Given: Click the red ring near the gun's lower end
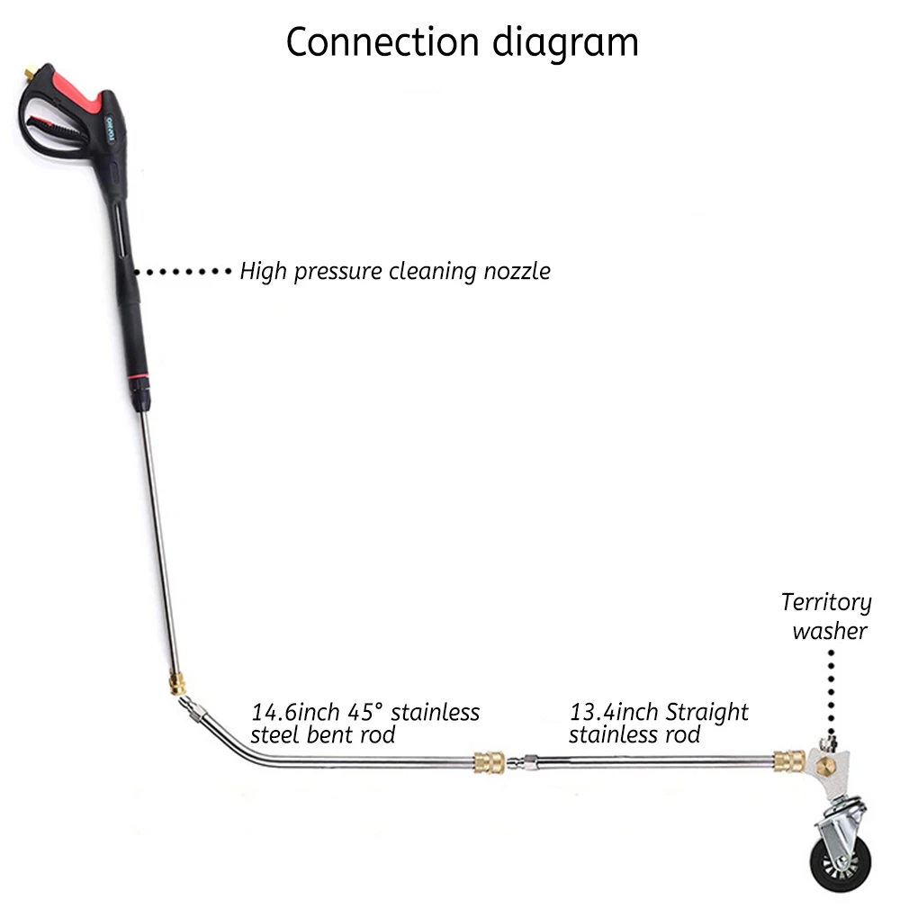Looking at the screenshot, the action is (x=140, y=372).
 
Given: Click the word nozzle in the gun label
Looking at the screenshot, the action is (x=513, y=271).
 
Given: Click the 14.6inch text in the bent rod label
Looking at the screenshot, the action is (x=295, y=713).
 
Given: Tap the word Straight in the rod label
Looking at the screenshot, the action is (x=706, y=713).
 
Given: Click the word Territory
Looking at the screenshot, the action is (x=825, y=603).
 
